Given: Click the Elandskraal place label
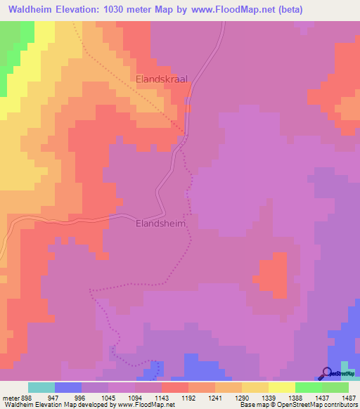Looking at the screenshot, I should coord(162,80).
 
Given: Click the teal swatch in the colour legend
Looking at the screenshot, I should coord(41,387).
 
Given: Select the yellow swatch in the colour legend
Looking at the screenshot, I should coord(282,387).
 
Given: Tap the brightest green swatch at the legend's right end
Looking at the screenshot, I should coord(335,387).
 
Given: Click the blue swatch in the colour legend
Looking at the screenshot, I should coord(68,387).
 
